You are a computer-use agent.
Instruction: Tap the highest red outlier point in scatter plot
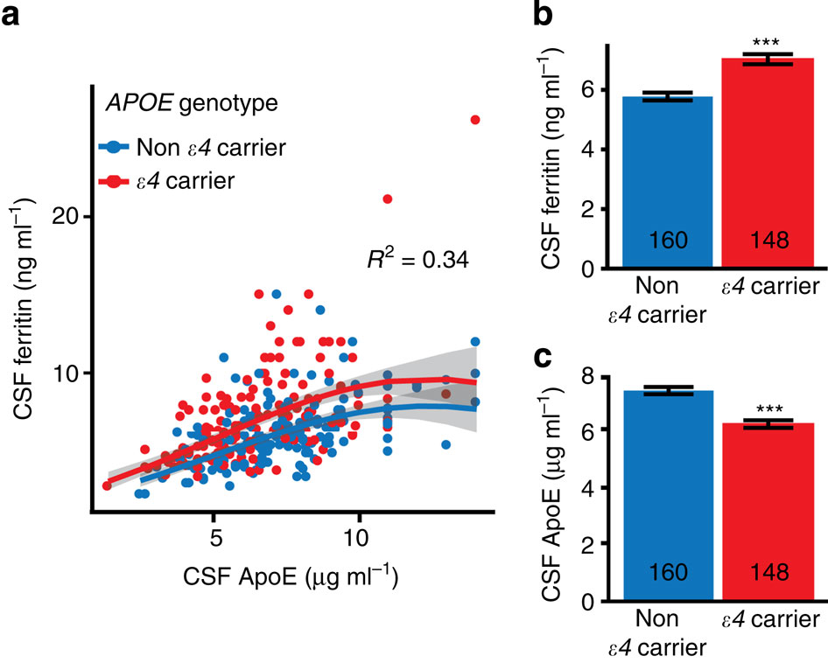tap(475, 119)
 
